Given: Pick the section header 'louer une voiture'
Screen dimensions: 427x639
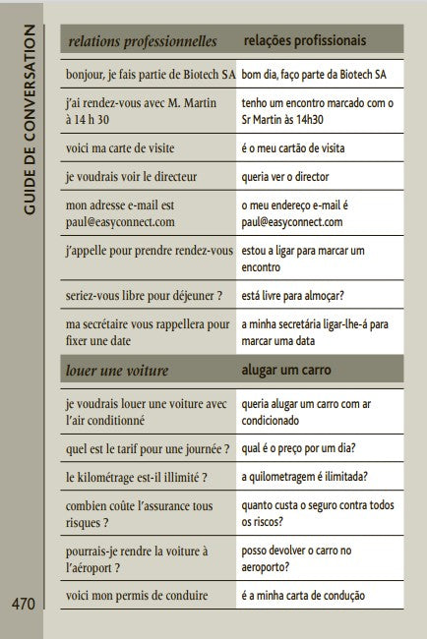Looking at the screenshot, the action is point(117,371).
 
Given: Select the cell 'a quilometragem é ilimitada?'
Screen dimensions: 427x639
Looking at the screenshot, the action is point(305,477).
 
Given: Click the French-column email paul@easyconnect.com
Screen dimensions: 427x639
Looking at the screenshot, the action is point(120,222).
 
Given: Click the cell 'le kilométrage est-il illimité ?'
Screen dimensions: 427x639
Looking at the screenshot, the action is point(137,477).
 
